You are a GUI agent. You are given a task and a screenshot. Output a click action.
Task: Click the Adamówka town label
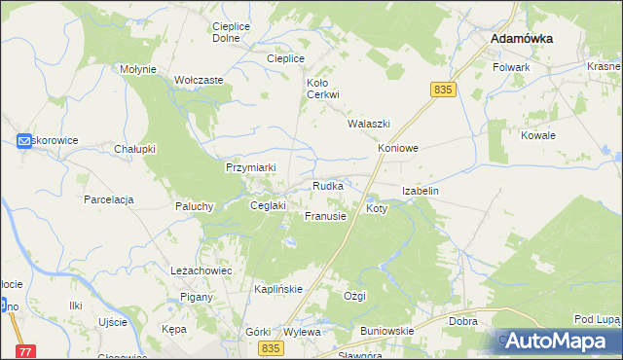[x=522, y=38]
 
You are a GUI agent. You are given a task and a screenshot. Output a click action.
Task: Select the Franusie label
[x=325, y=216]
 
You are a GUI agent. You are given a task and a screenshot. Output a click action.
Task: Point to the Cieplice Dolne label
[x=227, y=32]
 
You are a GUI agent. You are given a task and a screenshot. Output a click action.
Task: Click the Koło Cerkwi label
[x=322, y=89]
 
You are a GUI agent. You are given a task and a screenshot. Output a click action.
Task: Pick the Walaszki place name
[x=369, y=125]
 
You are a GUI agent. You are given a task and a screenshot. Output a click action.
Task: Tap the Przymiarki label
[x=251, y=167]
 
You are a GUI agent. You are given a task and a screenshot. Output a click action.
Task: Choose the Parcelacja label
[x=108, y=199]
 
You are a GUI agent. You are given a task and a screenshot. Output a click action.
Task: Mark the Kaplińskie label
[x=277, y=290]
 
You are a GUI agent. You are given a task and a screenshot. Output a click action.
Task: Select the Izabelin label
[x=421, y=192]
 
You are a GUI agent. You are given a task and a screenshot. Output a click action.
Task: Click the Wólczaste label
[x=199, y=81]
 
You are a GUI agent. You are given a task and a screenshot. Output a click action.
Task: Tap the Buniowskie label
[x=386, y=331]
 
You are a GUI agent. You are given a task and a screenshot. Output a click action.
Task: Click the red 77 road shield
[x=25, y=351]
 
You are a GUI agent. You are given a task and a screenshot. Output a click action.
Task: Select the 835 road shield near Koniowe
[x=443, y=90]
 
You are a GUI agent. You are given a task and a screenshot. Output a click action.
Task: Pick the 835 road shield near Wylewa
[x=272, y=348]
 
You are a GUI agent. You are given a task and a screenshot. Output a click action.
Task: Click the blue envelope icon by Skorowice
[x=25, y=141]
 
